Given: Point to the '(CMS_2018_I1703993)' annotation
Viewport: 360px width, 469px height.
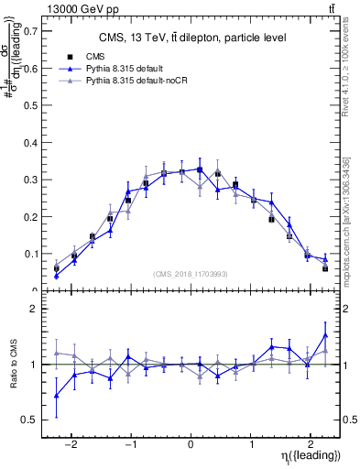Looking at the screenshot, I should (x=190, y=274).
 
